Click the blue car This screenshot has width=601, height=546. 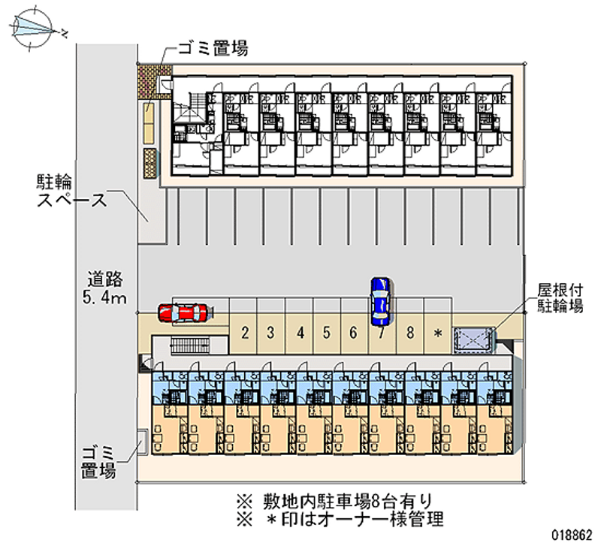(380, 300)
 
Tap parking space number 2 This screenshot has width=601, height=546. (245, 331)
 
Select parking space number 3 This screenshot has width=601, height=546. (271, 331)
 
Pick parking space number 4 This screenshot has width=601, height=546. (299, 331)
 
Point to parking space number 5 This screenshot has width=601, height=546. (326, 331)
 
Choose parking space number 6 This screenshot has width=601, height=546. (353, 331)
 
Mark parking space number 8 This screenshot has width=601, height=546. (409, 331)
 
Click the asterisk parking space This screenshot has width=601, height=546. (436, 331)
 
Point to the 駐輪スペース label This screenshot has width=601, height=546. (73, 191)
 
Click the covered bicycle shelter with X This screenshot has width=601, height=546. (474, 340)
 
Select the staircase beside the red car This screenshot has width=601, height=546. (188, 345)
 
